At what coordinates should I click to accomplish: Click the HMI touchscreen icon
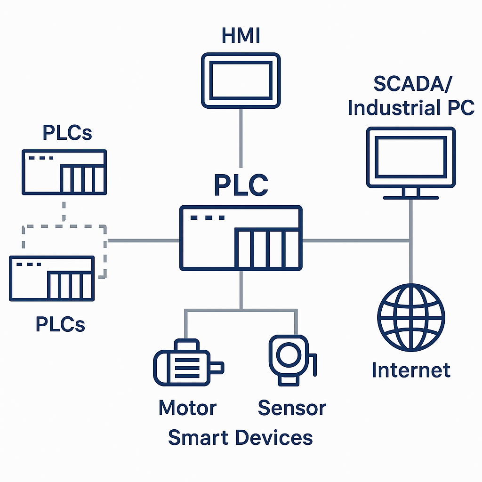pyautogui.click(x=241, y=80)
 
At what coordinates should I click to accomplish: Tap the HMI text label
pyautogui.click(x=241, y=36)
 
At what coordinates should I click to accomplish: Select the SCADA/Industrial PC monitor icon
pyautogui.click(x=411, y=158)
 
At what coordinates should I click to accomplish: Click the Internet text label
pyautogui.click(x=411, y=370)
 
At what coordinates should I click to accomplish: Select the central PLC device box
pyautogui.click(x=241, y=238)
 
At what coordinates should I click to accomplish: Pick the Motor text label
pyautogui.click(x=187, y=408)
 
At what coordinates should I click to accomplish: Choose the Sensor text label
pyautogui.click(x=292, y=408)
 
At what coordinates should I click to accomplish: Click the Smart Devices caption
pyautogui.click(x=240, y=437)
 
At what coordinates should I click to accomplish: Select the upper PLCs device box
pyautogui.click(x=64, y=172)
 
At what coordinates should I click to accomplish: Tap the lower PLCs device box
pyautogui.click(x=52, y=278)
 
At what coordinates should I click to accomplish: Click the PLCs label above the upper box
pyautogui.click(x=67, y=133)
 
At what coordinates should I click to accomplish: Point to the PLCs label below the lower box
pyautogui.click(x=60, y=324)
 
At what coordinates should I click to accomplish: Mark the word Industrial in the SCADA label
pyautogui.click(x=389, y=108)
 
